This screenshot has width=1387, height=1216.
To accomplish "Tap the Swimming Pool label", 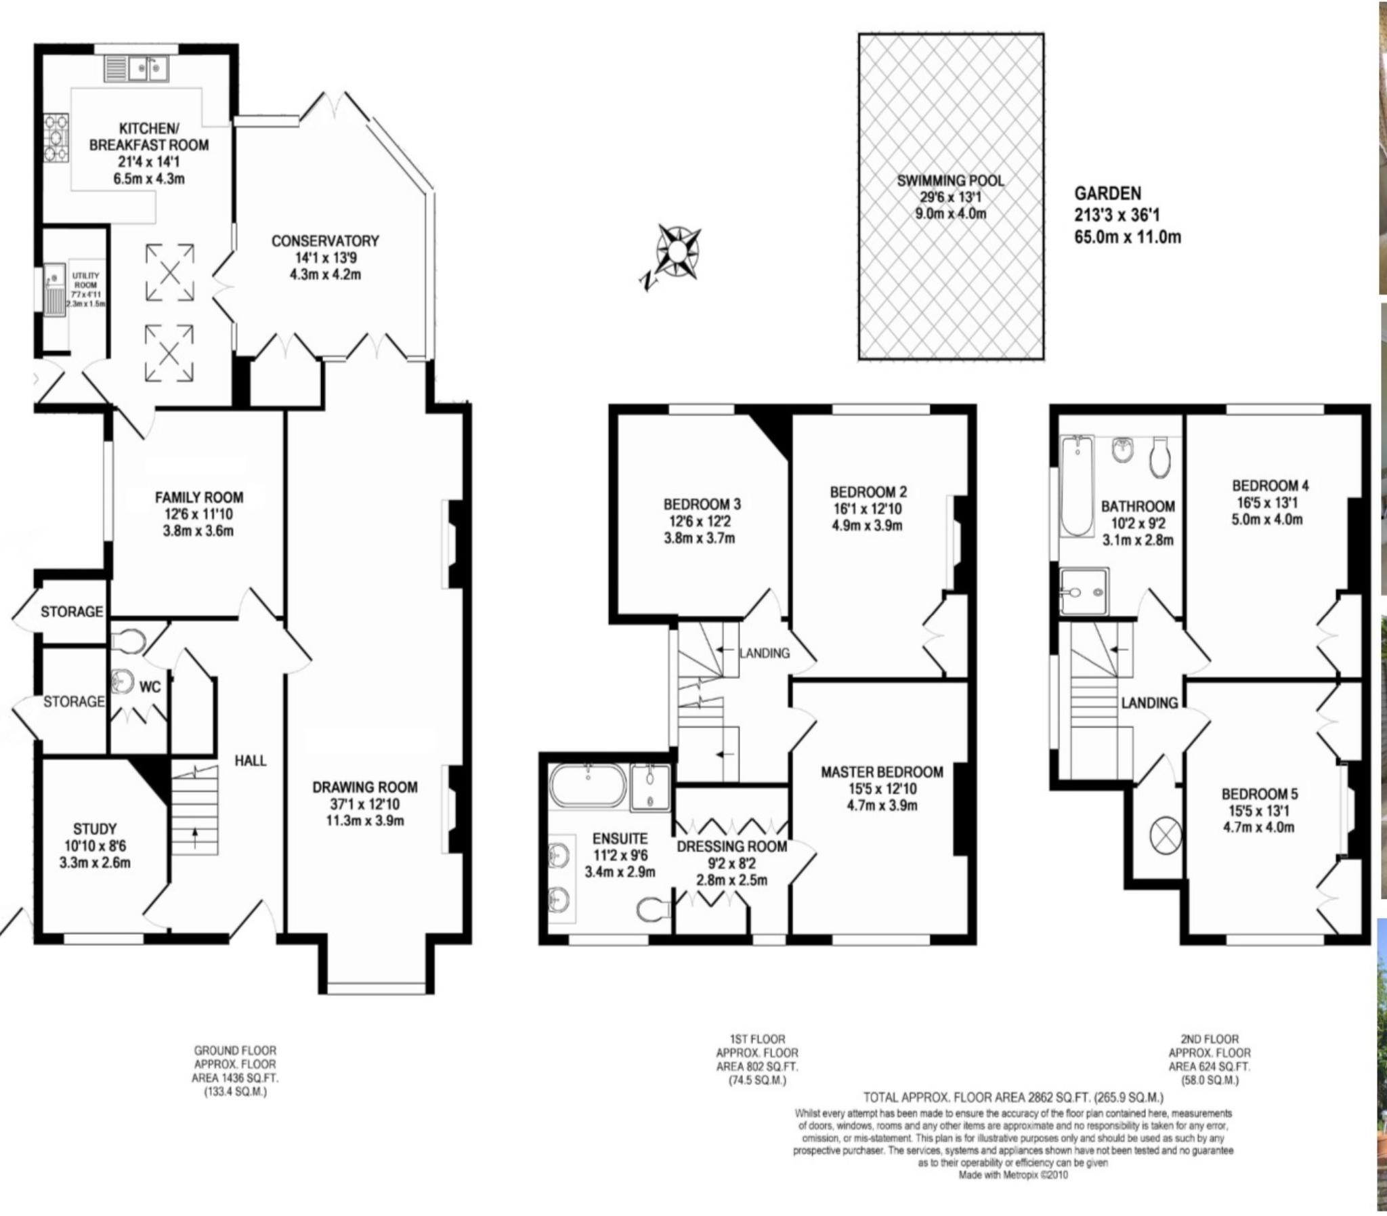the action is point(949,180).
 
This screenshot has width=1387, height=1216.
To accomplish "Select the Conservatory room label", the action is point(325,241).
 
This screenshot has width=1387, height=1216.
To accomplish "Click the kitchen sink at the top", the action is point(136,68).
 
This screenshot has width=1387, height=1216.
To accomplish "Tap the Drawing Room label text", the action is point(365,788).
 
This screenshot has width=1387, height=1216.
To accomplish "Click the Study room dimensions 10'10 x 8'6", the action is point(95,846).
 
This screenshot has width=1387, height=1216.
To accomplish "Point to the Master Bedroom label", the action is point(882,772).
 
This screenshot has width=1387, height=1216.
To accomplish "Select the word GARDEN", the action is point(1107,193).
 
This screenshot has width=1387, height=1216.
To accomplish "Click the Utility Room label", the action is point(85,280).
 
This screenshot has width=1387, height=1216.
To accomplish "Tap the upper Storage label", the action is point(72,612).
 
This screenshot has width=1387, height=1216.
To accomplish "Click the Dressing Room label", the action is point(732,847).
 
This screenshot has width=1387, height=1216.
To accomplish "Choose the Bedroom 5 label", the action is point(1260,794).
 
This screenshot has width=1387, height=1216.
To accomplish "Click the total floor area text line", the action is point(1013,1116).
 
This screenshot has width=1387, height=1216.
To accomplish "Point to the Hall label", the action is point(251,761).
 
